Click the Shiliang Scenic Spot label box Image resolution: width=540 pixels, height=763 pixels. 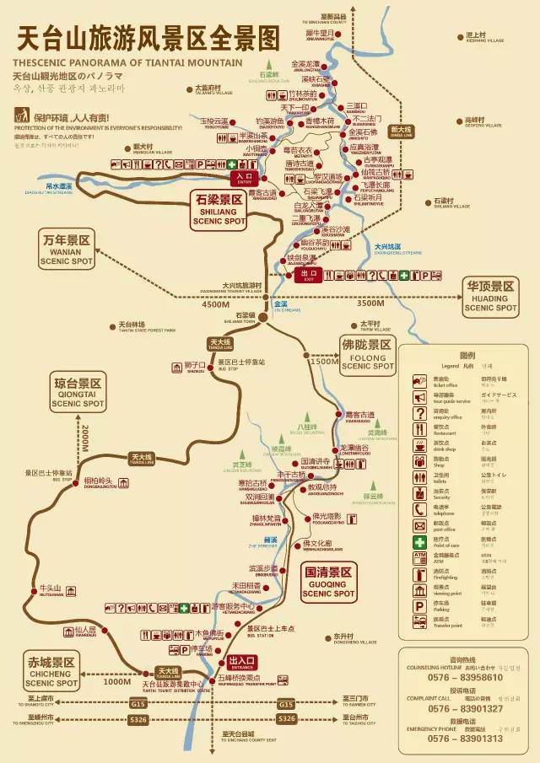(217, 208)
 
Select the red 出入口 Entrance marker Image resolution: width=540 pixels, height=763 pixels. (242, 661)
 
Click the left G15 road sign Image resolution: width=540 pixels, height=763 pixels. (138, 703)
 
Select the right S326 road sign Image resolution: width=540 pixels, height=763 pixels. (287, 718)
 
